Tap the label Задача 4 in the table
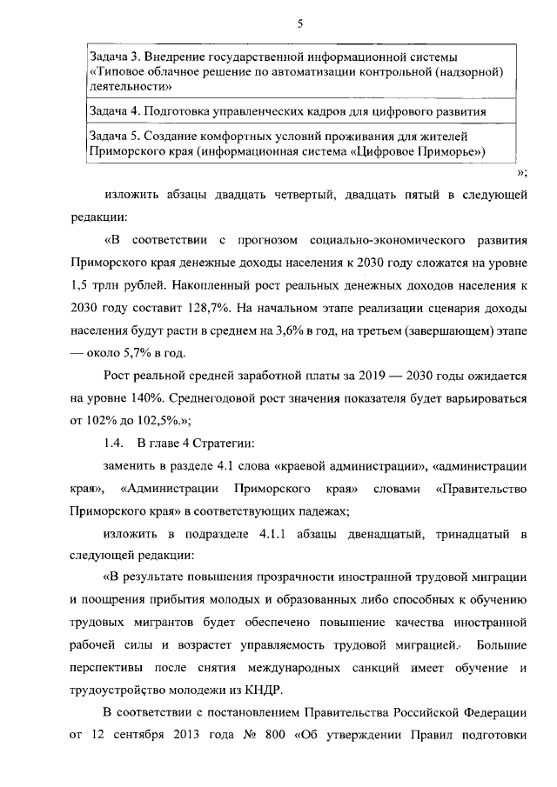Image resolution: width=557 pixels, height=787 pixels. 113,112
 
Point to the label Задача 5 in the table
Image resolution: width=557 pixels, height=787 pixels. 113,137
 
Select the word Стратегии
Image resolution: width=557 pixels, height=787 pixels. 225,444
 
